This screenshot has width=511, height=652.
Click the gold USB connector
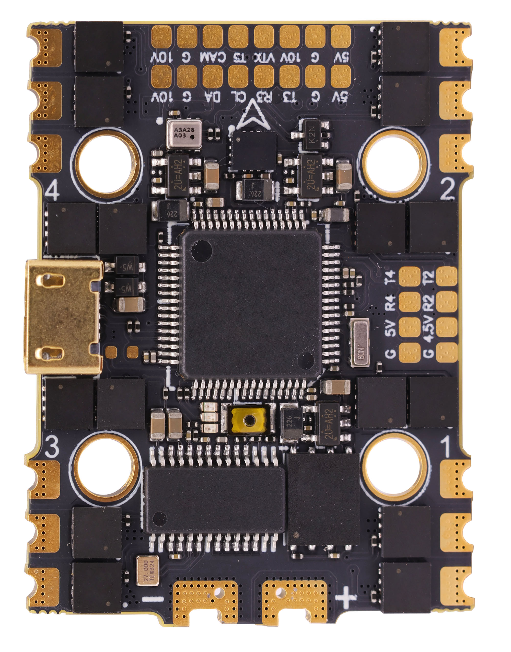point(64,317)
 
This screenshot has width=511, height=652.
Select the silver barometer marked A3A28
point(184,134)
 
